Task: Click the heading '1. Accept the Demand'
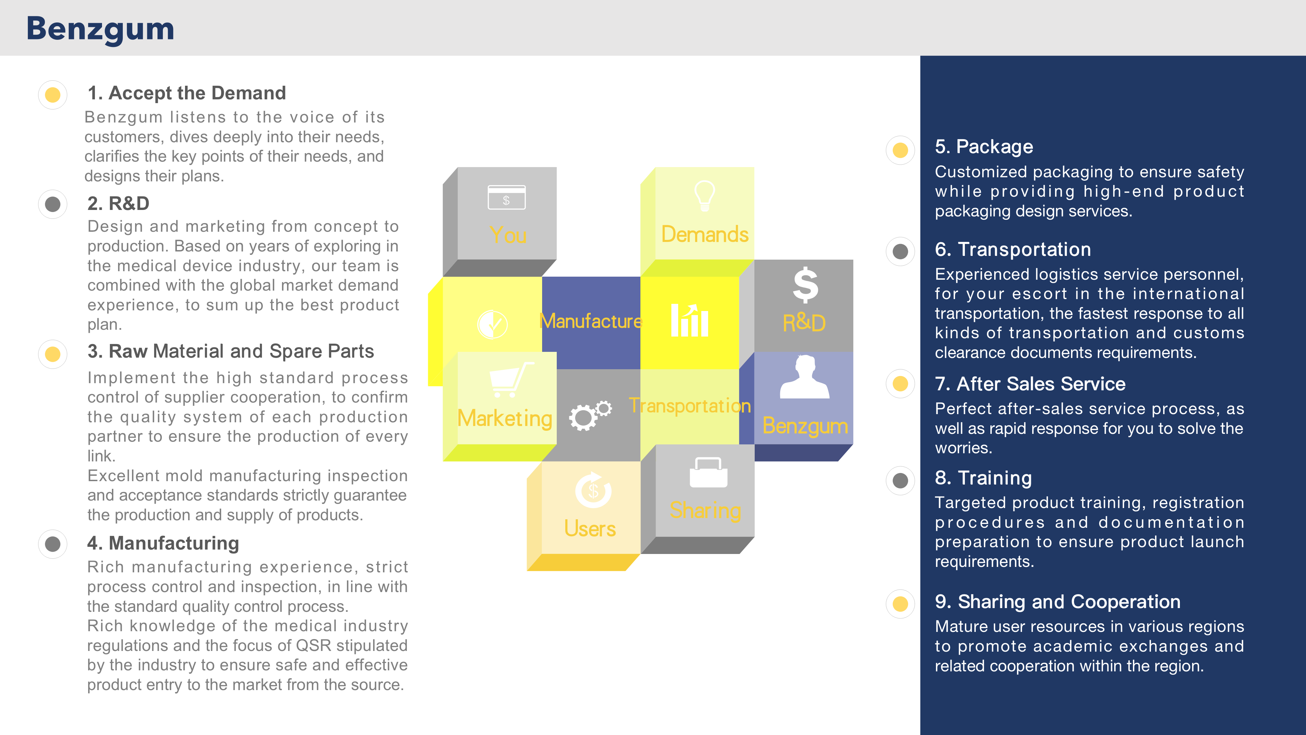pyautogui.click(x=187, y=93)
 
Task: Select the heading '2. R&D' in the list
pyautogui.click(x=118, y=203)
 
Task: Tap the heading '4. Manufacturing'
pyautogui.click(x=163, y=543)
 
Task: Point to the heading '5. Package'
pyautogui.click(x=984, y=147)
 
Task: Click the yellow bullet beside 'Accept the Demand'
pyautogui.click(x=53, y=95)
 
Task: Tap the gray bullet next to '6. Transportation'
pyautogui.click(x=900, y=251)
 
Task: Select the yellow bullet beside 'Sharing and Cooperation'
pyautogui.click(x=900, y=604)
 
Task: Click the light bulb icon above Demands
pyautogui.click(x=704, y=195)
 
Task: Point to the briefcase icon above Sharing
pyautogui.click(x=708, y=472)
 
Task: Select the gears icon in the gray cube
pyautogui.click(x=590, y=415)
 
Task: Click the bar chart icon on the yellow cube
pyautogui.click(x=689, y=320)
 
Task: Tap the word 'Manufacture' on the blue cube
pyautogui.click(x=591, y=321)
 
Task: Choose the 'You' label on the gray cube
pyautogui.click(x=508, y=235)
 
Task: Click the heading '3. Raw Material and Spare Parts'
pyautogui.click(x=231, y=351)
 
